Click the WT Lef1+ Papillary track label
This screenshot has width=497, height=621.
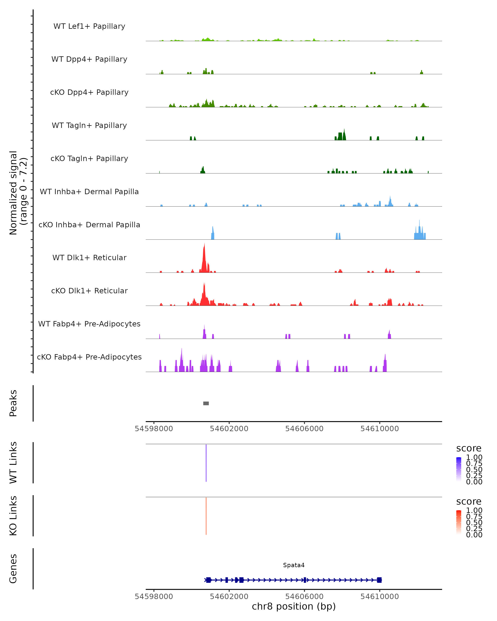89,26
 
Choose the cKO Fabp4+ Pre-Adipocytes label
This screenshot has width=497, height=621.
89,357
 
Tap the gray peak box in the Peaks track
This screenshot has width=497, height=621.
206,403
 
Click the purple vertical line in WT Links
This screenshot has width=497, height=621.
206,463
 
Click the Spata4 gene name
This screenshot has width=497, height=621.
294,565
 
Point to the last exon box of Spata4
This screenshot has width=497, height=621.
379,580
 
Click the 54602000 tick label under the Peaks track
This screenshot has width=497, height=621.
229,429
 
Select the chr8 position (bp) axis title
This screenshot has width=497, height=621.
294,606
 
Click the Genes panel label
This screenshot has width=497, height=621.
13,569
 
